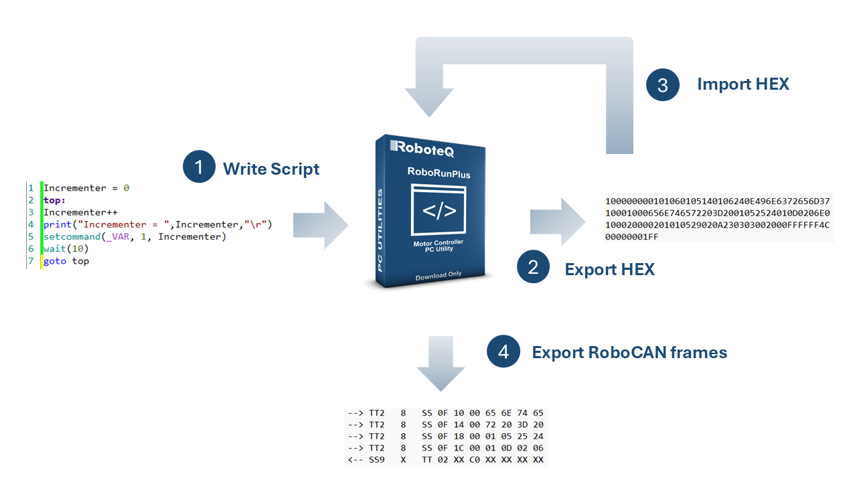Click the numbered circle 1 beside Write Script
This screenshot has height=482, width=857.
pyautogui.click(x=199, y=167)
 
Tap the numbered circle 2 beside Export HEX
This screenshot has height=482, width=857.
pyautogui.click(x=533, y=267)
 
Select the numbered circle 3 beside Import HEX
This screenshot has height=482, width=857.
pyautogui.click(x=663, y=84)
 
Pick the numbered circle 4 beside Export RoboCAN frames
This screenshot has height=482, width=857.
pyautogui.click(x=503, y=351)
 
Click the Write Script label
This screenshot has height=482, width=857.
pyautogui.click(x=271, y=169)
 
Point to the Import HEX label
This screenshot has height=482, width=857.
pyautogui.click(x=743, y=84)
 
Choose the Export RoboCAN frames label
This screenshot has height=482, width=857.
pyautogui.click(x=629, y=352)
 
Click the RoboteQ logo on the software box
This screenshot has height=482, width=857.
pyautogui.click(x=426, y=147)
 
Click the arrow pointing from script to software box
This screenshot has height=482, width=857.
pyautogui.click(x=321, y=225)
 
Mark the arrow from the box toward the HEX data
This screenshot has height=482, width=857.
pyautogui.click(x=556, y=222)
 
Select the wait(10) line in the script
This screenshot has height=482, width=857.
pyautogui.click(x=66, y=249)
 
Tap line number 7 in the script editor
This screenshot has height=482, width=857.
pyautogui.click(x=31, y=261)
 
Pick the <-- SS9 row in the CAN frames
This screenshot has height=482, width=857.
pyautogui.click(x=445, y=461)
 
